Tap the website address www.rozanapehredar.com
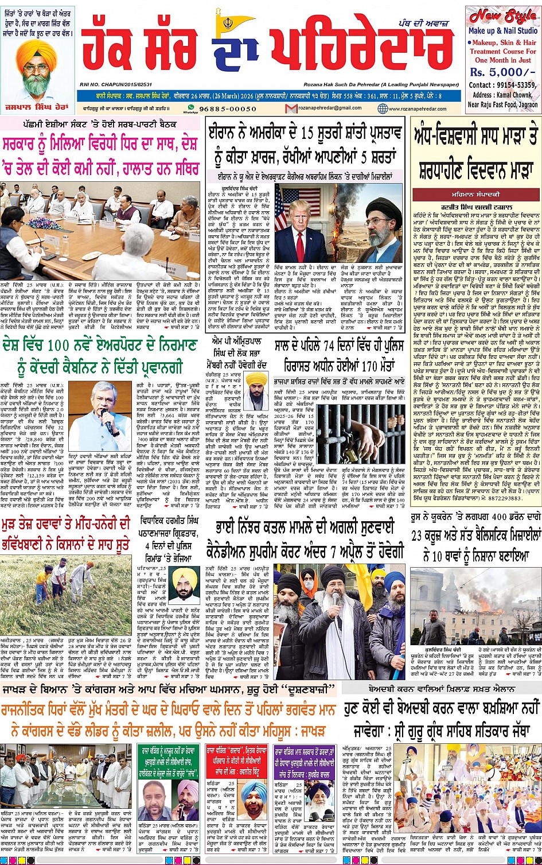422,108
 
